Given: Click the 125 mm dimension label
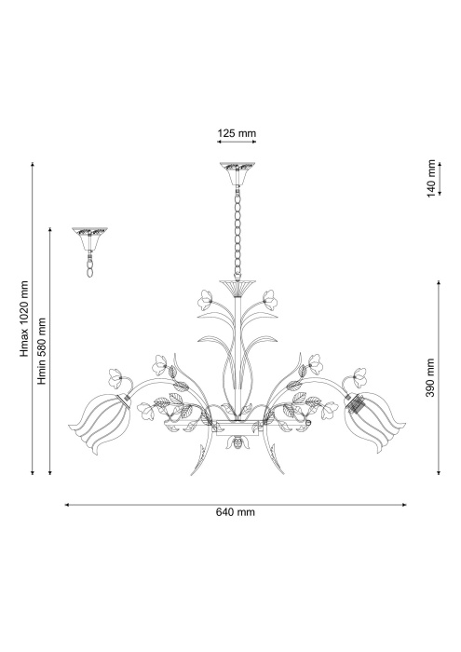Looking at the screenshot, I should point(237,134).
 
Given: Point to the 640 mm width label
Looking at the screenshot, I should point(237,512).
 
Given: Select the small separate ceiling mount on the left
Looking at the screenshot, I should point(91,233).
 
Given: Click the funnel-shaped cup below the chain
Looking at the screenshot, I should point(237,285).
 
